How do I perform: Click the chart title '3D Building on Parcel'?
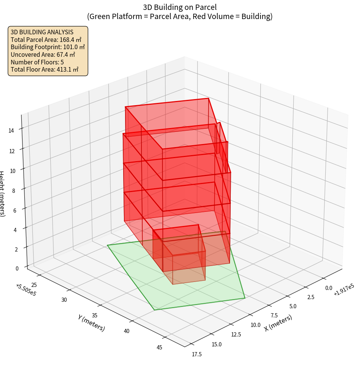pos(180,7)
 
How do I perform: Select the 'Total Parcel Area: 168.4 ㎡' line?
pos(46,40)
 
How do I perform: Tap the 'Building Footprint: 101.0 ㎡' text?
pos(48,47)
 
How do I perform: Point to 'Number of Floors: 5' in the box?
pos(37,62)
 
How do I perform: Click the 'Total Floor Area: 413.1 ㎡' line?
pos(45,70)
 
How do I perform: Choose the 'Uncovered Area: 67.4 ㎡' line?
pos(43,55)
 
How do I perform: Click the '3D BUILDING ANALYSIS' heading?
pos(42,32)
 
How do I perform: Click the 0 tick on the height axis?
pos(17,268)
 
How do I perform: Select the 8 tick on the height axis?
pos(14,190)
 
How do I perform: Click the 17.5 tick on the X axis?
pos(197,354)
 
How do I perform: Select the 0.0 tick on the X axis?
pos(328,288)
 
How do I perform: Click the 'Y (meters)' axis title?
pos(92,323)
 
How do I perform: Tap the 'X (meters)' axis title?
pos(278,323)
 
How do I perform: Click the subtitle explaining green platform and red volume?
pos(180,16)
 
